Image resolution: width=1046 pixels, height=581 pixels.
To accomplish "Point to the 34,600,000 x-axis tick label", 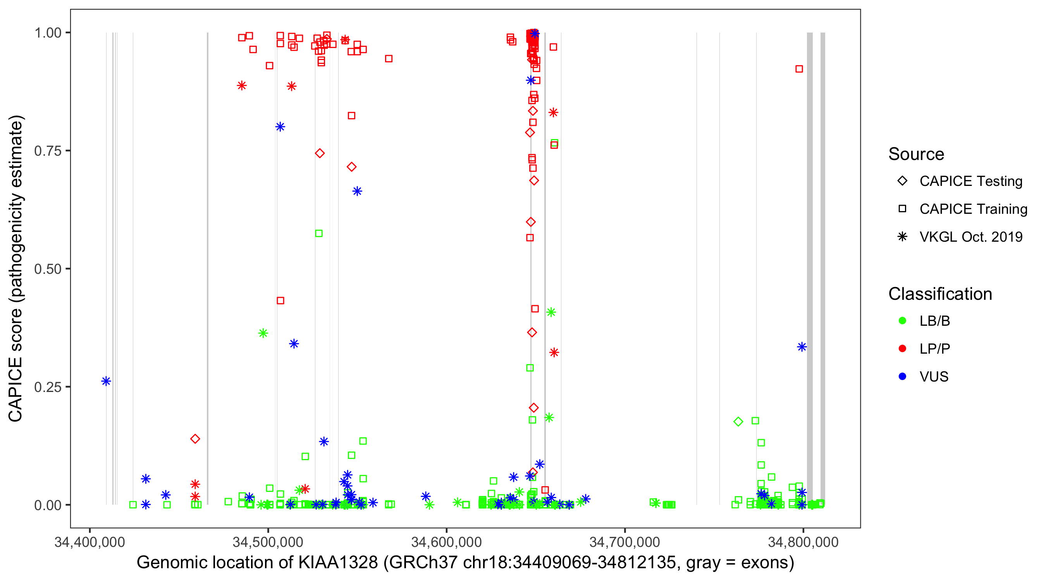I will (x=446, y=542).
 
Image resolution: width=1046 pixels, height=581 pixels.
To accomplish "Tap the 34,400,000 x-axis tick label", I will (x=90, y=542).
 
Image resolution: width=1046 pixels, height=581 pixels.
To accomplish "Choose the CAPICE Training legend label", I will (x=973, y=209).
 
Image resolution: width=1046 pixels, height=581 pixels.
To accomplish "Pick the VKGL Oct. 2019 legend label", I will (x=971, y=237).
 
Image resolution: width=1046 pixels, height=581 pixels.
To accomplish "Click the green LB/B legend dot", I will (x=902, y=321).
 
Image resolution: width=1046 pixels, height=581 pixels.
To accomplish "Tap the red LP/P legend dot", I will (x=902, y=349).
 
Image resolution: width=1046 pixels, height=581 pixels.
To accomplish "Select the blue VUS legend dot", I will (x=902, y=377).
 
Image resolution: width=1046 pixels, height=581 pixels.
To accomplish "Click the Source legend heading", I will (x=916, y=154).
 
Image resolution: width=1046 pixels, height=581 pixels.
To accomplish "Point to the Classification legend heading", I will (x=940, y=294).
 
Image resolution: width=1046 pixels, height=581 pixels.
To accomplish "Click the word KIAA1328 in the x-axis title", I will (x=338, y=563).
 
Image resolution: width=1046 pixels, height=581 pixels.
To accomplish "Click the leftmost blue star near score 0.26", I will (x=106, y=381).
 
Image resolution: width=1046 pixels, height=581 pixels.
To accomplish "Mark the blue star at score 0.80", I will (x=280, y=127).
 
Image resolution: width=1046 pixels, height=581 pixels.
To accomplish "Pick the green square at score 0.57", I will (x=319, y=234).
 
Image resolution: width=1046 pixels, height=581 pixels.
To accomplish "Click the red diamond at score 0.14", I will (x=195, y=439).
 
